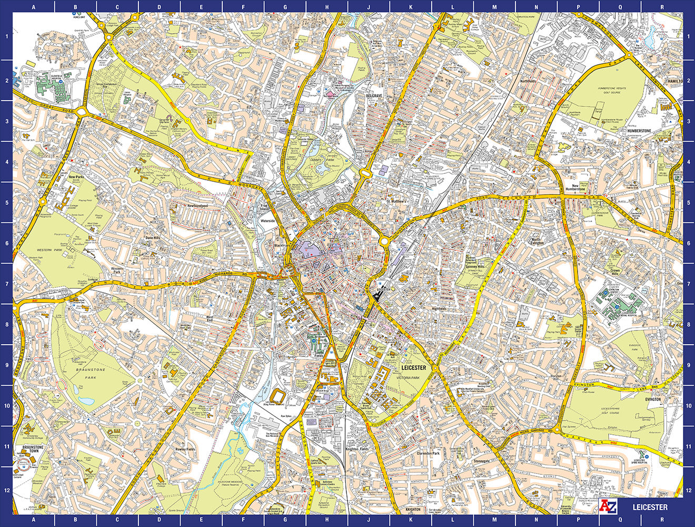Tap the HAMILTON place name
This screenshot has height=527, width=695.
coord(673,81)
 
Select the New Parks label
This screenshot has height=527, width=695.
coord(77,177)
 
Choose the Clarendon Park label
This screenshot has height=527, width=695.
coord(428,453)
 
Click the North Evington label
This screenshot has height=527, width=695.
coord(536,241)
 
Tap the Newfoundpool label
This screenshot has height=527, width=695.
coord(197,206)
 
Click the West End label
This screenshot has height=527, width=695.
coord(209,319)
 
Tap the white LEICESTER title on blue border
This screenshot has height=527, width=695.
coord(650,508)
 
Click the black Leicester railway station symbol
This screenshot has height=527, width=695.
coord(376,297)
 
